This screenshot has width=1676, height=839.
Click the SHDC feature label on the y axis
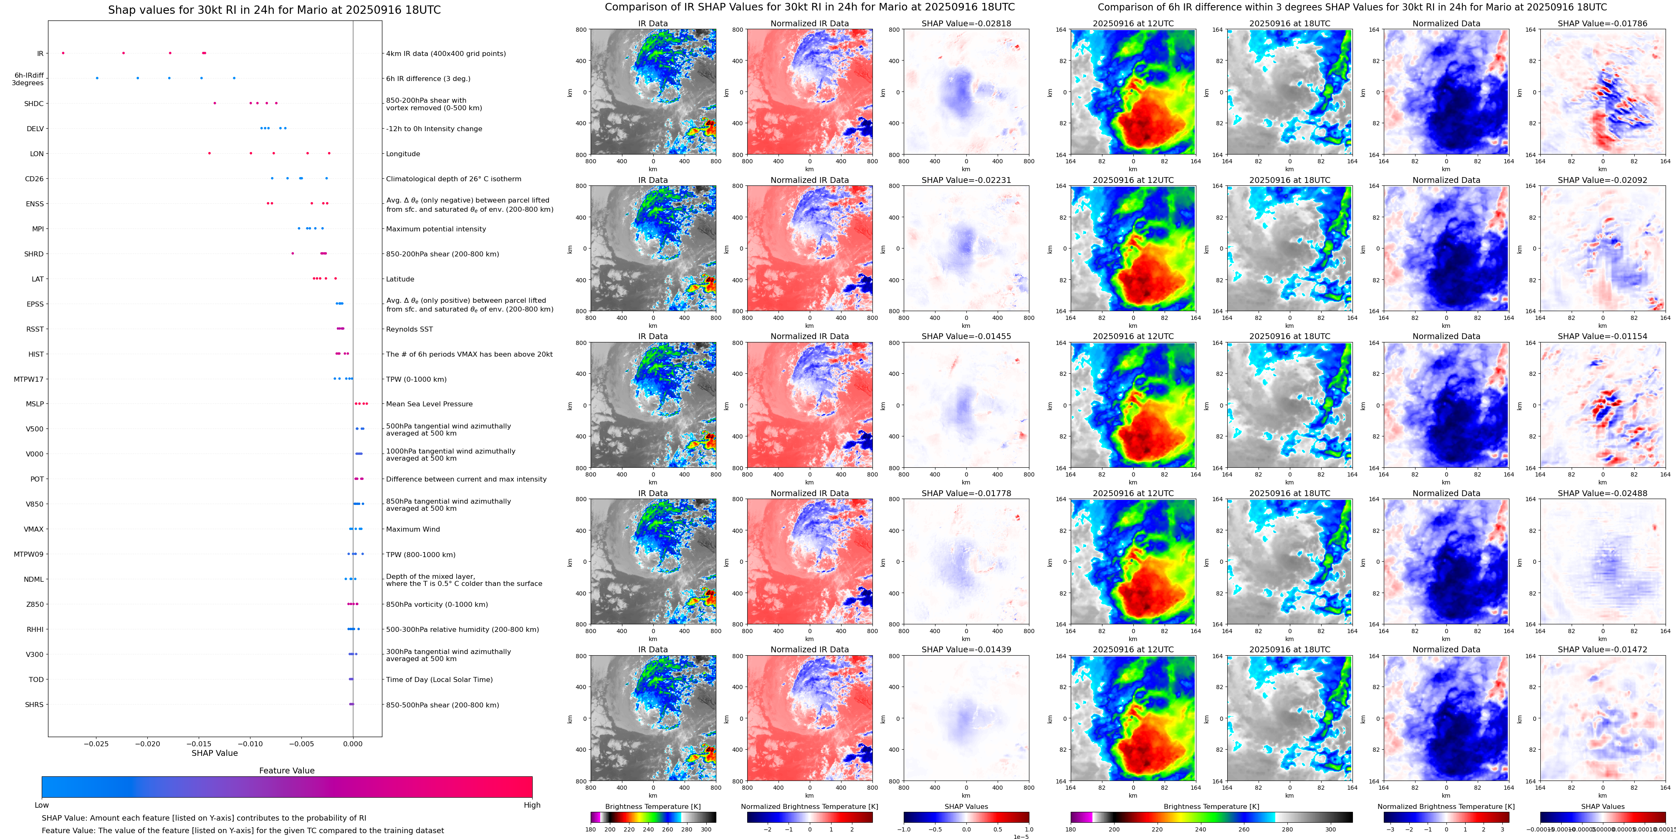(34, 104)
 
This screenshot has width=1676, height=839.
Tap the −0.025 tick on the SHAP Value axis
(96, 743)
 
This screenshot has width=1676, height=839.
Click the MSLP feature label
(35, 404)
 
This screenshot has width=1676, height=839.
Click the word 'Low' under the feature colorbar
(42, 805)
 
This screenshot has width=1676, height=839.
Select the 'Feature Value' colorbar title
(286, 771)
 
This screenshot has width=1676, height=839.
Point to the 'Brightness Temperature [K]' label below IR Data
(652, 806)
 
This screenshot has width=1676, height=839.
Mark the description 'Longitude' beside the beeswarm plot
(403, 154)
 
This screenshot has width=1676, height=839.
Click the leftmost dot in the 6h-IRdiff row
(97, 78)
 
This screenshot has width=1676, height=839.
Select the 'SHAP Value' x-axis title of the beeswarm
(215, 753)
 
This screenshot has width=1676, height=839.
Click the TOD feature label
(36, 679)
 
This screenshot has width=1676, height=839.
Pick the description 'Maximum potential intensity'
(436, 229)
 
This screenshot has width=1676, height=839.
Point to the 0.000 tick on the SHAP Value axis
(353, 743)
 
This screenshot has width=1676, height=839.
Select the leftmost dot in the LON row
(210, 154)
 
